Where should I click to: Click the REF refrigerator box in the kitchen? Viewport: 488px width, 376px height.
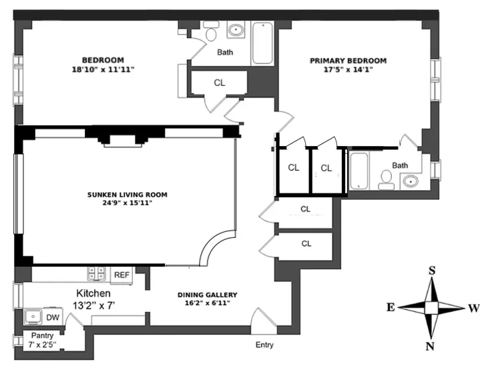click(121, 275)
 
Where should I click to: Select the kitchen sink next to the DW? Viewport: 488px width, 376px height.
click(33, 317)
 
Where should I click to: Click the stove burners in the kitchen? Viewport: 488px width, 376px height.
click(97, 273)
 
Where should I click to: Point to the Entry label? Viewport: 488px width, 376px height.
click(264, 345)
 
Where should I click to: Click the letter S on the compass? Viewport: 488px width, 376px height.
click(431, 271)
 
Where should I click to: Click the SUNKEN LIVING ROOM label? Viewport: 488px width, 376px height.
click(127, 195)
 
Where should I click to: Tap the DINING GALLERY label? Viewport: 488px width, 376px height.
click(207, 295)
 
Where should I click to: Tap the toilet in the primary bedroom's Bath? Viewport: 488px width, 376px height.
click(386, 178)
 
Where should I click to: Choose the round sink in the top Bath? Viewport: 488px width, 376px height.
click(236, 29)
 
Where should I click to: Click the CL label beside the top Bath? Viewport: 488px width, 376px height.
click(219, 83)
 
